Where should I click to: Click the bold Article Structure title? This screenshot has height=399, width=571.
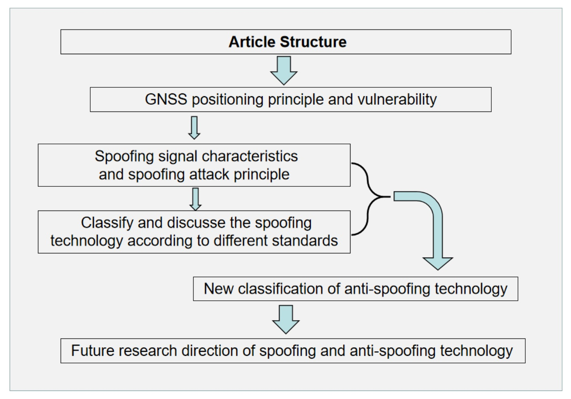coord(287,42)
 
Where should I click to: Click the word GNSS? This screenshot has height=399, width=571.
coord(166,99)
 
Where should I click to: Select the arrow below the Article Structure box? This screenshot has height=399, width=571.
coord(284,70)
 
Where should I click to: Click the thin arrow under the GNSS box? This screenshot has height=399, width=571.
coord(194,128)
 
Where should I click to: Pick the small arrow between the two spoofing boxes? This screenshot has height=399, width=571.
coord(195,199)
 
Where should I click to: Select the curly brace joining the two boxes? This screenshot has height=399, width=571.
coord(368,198)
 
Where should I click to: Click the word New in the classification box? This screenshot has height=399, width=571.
coord(219,289)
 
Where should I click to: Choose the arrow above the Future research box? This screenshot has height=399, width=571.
coord(286,319)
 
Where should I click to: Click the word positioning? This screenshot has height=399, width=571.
coord(227,99)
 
